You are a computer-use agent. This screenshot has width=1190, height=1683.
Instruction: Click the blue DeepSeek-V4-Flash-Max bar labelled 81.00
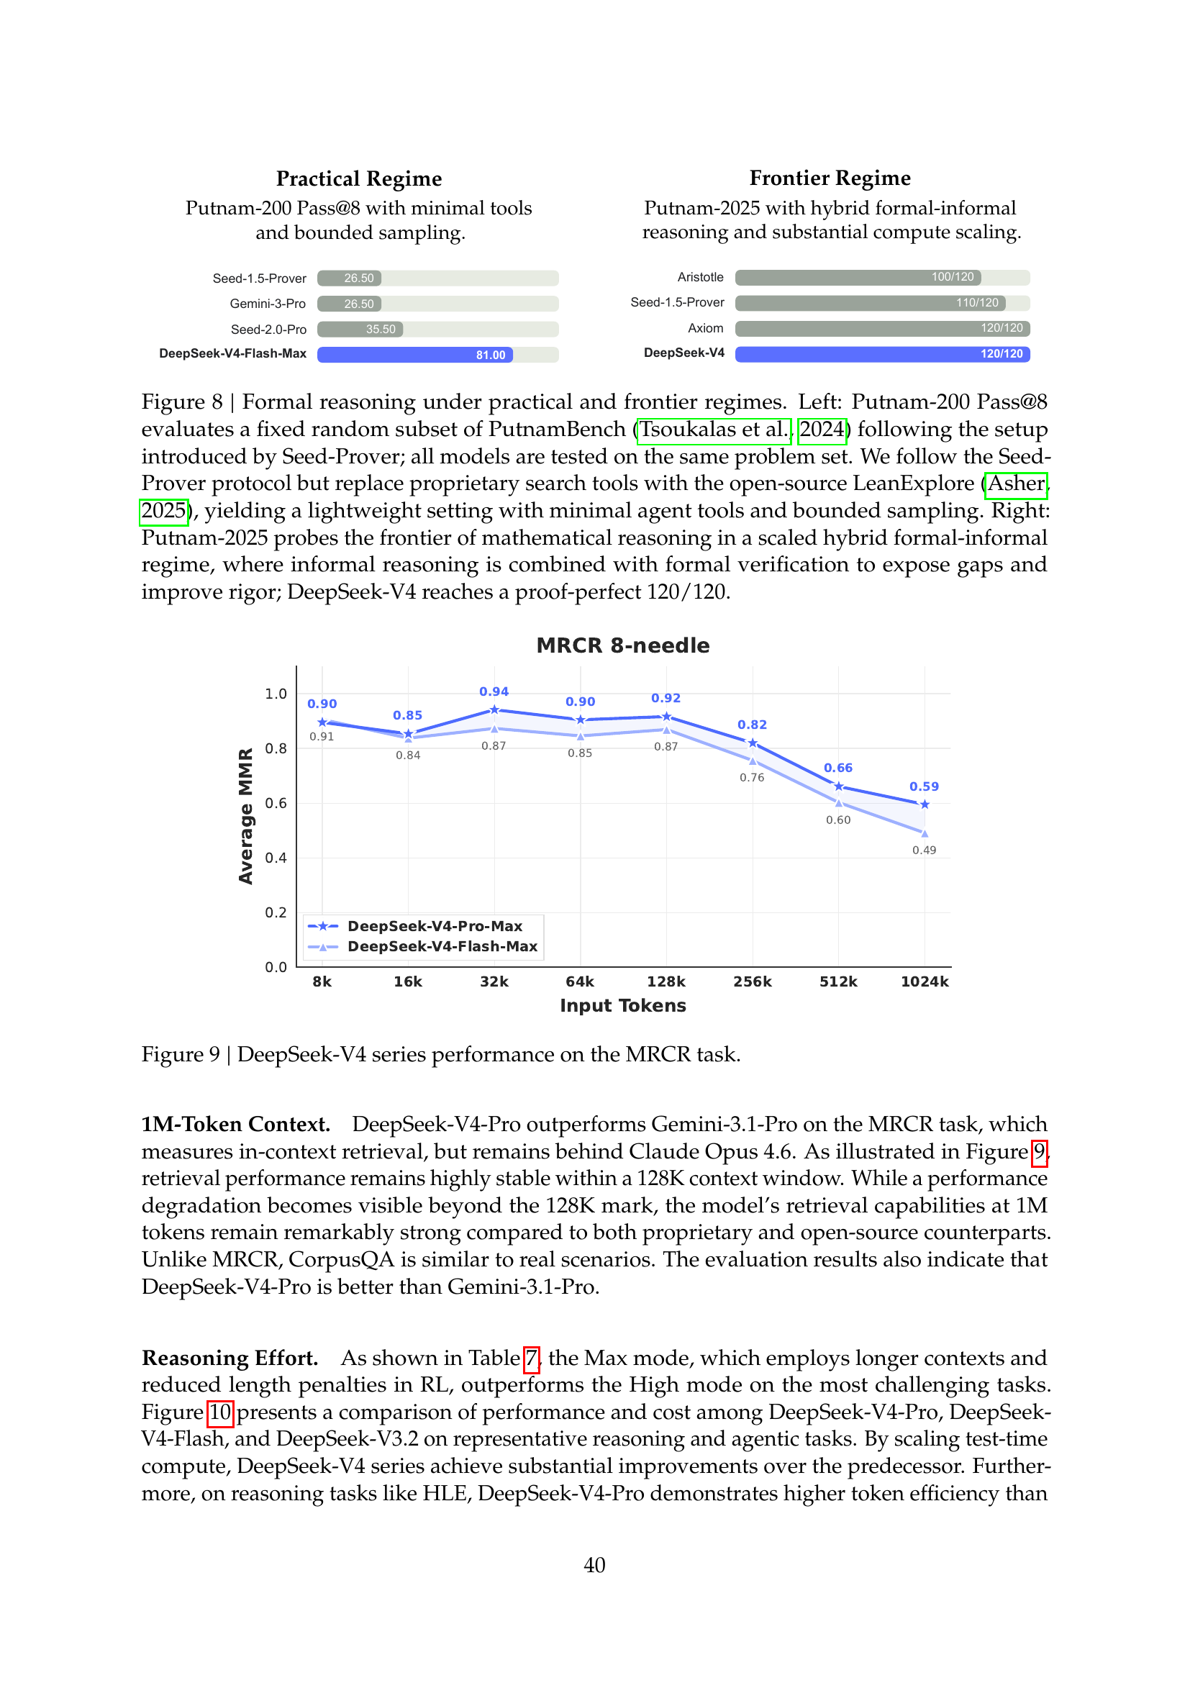[x=414, y=355]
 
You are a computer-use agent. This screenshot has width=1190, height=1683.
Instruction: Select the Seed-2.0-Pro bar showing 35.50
[x=360, y=329]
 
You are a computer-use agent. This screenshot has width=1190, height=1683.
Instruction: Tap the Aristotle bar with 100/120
[x=858, y=277]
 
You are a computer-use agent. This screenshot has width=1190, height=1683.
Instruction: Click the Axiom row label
[x=705, y=328]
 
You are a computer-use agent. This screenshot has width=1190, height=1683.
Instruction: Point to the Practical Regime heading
[x=359, y=179]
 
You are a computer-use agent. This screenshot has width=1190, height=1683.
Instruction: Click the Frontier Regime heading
[x=830, y=178]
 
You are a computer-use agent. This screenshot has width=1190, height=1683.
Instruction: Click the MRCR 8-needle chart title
[x=623, y=645]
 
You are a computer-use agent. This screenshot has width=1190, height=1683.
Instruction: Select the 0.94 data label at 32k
[x=494, y=691]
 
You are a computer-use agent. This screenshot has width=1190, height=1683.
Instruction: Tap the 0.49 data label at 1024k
[x=924, y=850]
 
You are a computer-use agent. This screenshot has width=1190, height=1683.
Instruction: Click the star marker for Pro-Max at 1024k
[x=925, y=804]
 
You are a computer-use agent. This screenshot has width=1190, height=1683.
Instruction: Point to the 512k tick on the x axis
[x=838, y=981]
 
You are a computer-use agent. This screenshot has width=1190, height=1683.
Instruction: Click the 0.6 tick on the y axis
[x=276, y=804]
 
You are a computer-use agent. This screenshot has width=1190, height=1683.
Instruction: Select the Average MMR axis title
[x=246, y=816]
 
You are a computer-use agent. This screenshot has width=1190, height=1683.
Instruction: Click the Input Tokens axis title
[x=623, y=1006]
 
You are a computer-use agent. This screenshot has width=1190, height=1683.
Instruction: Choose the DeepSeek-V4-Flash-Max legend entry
[x=442, y=946]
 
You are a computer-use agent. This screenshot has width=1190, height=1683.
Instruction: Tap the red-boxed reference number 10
[x=220, y=1412]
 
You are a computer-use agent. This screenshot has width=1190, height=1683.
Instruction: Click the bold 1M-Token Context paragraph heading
[x=235, y=1124]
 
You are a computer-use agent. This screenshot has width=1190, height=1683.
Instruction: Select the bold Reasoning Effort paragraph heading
[x=230, y=1358]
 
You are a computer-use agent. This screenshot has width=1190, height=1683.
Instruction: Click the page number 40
[x=594, y=1565]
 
